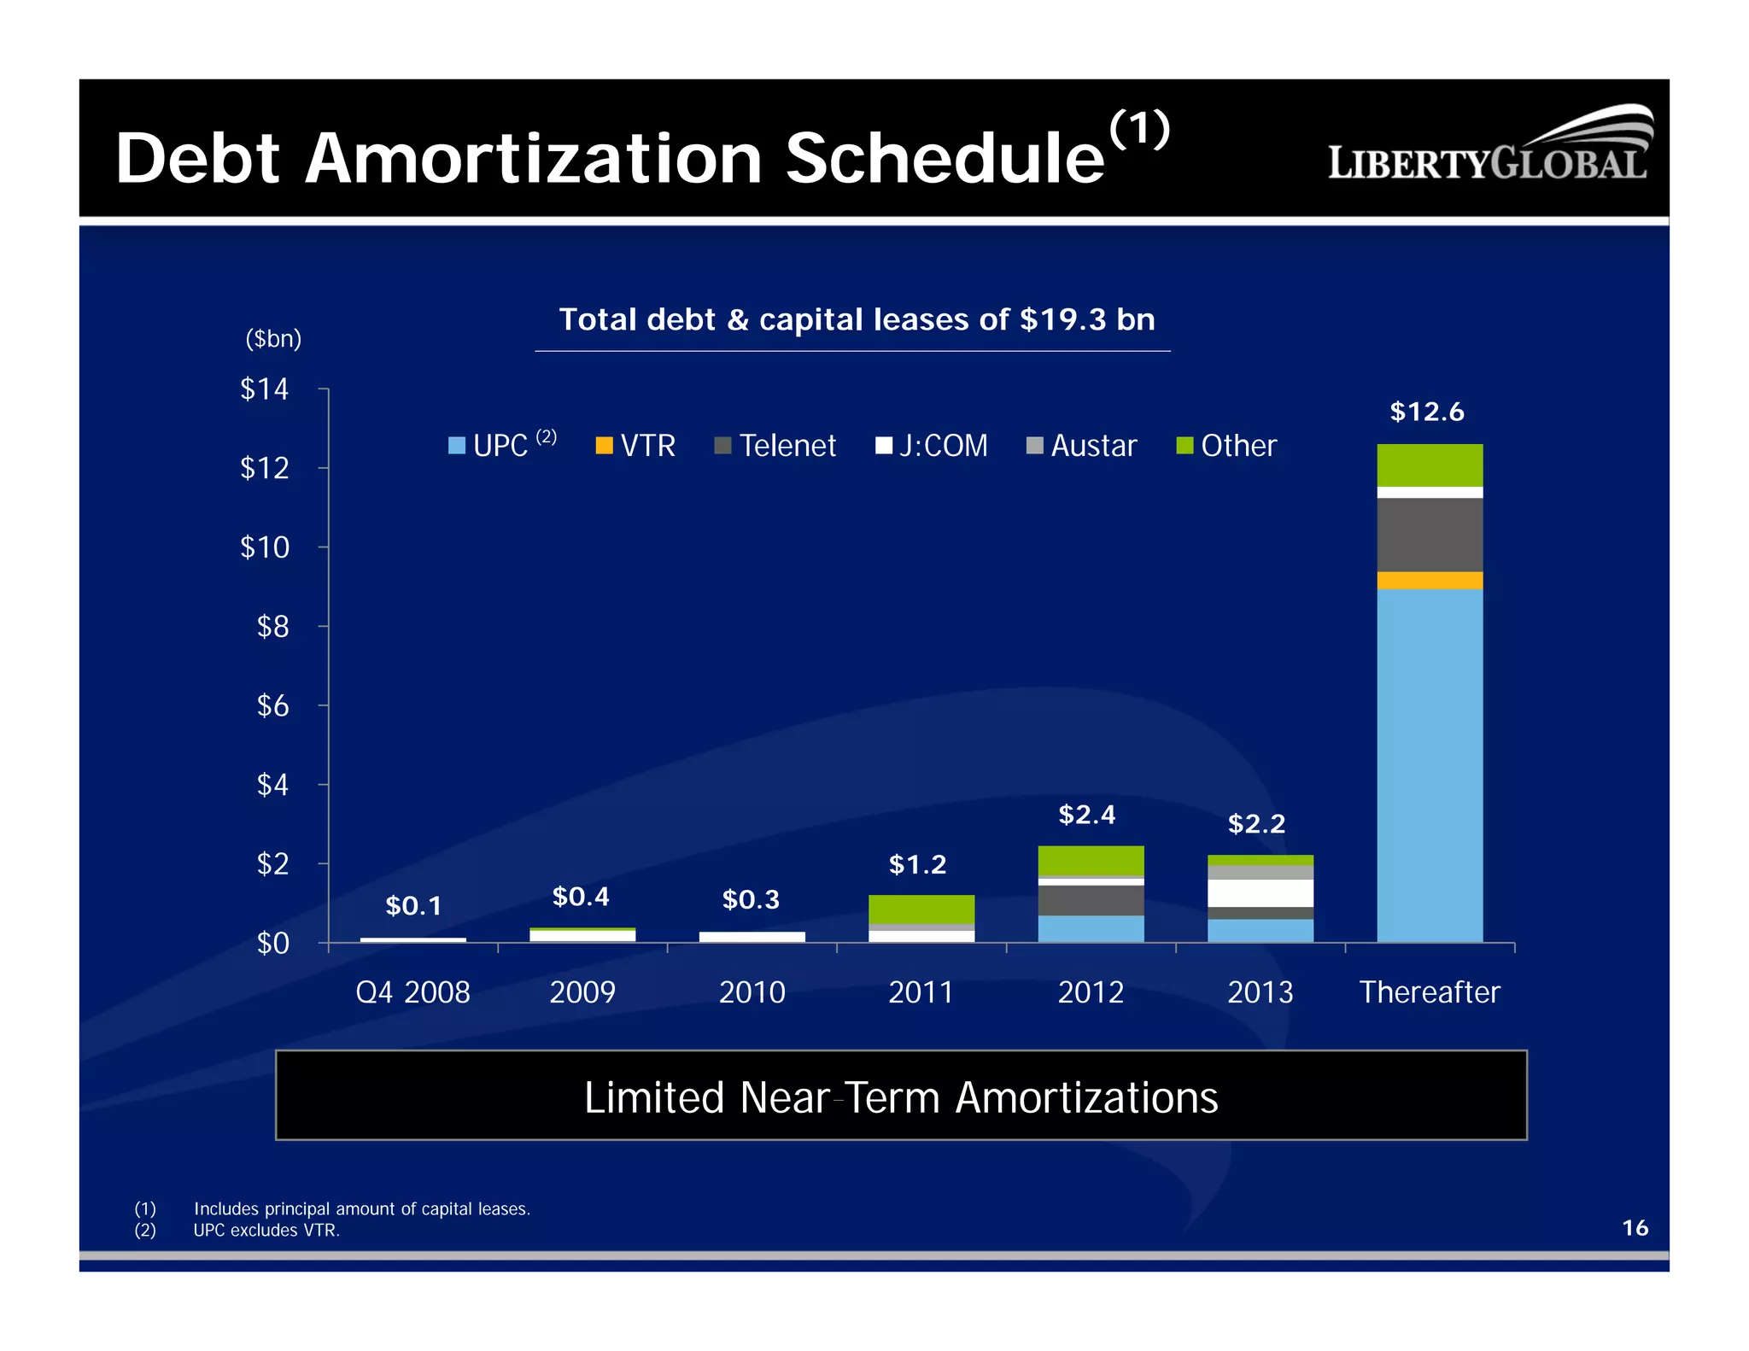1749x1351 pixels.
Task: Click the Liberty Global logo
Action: [x=1489, y=147]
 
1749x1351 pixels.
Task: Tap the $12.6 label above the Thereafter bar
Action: [x=1426, y=412]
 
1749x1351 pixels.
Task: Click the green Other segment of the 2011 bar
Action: [x=921, y=909]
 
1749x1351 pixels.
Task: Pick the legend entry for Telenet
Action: [x=775, y=446]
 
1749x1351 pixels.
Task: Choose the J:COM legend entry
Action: [x=932, y=446]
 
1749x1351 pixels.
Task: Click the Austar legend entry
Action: [x=1082, y=446]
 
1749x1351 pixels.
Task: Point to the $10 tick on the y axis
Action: [x=265, y=547]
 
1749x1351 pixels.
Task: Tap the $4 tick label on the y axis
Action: [x=272, y=784]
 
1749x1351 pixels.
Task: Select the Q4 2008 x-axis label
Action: [x=412, y=991]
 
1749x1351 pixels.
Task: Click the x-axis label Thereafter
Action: [x=1429, y=991]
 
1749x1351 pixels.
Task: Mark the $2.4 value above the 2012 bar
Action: [x=1086, y=814]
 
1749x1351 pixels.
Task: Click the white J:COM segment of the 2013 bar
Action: [x=1260, y=892]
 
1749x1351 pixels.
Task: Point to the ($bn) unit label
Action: [x=273, y=339]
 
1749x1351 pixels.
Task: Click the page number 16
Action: [x=1634, y=1227]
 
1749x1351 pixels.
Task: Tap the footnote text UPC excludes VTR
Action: [x=266, y=1230]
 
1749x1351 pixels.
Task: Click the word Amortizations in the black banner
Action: [x=1085, y=1097]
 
